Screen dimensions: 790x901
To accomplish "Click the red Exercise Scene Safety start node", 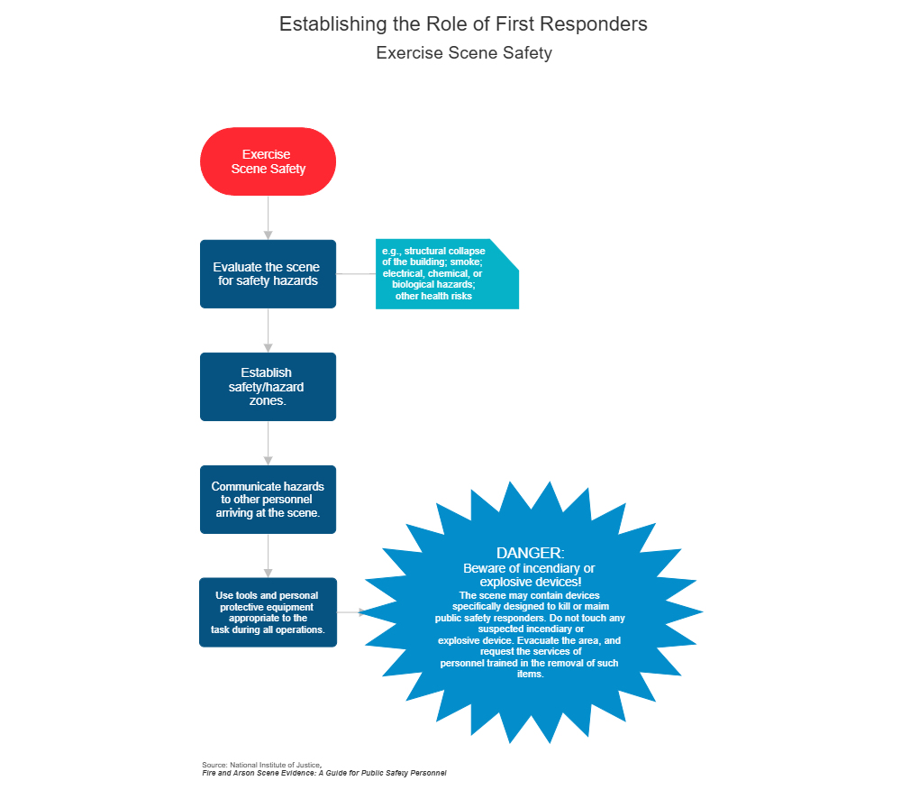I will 268,161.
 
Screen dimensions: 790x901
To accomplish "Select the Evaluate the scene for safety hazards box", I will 268,273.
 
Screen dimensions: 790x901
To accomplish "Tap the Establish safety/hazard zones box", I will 268,386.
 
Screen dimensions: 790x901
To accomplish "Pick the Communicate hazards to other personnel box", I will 268,499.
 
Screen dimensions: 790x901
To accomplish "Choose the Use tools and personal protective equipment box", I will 268,611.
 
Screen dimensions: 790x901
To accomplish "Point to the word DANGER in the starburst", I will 530,552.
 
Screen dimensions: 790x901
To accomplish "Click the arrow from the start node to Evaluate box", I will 268,217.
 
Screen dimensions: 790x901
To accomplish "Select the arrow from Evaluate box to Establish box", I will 268,330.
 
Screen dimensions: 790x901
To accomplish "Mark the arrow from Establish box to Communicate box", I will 268,443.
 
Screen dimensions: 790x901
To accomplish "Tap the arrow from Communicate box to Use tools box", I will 268,556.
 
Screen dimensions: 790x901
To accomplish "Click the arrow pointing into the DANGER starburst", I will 352,611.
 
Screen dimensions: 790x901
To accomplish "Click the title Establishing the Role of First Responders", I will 463,24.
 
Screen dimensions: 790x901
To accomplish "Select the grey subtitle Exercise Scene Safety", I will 463,53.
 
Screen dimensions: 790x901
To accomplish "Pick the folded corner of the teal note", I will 505,253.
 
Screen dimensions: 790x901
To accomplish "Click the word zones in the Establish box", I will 268,400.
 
